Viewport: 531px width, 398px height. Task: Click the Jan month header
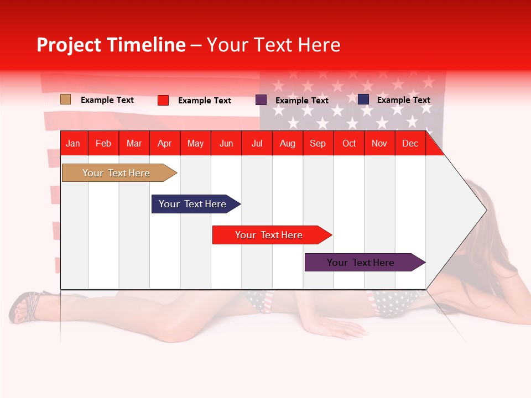click(x=73, y=144)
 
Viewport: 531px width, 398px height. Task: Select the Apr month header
click(x=164, y=144)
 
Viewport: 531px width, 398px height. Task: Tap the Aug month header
click(x=287, y=144)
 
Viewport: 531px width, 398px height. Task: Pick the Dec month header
click(x=410, y=144)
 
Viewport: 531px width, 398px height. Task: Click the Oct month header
click(x=348, y=144)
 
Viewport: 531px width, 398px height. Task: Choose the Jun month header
click(x=226, y=144)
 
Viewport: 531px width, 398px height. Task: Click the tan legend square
click(x=65, y=99)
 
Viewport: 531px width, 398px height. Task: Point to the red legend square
click(x=163, y=100)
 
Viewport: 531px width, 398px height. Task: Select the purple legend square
click(x=261, y=100)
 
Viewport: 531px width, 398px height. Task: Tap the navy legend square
click(x=363, y=99)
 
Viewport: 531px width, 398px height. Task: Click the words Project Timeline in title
click(x=111, y=45)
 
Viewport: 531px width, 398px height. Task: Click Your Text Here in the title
click(x=273, y=45)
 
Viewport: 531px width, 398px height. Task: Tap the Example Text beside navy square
click(x=403, y=100)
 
